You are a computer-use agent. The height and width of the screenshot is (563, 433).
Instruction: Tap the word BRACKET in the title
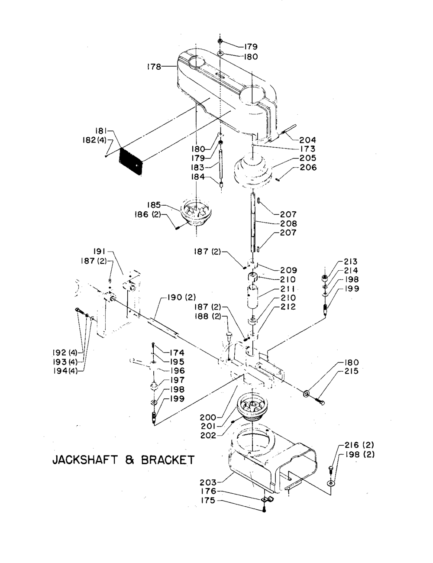168,460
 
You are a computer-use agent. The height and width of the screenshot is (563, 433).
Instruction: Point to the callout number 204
308,140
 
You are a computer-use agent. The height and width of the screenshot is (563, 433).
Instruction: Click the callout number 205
308,158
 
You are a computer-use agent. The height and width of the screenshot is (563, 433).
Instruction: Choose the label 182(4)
94,140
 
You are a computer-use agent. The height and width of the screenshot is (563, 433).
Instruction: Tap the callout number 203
207,482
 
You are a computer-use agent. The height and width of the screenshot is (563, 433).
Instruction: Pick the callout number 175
208,501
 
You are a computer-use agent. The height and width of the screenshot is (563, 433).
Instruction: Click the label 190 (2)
181,297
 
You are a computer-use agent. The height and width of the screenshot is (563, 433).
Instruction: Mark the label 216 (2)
359,445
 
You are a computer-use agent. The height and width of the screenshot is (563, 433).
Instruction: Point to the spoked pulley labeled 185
196,213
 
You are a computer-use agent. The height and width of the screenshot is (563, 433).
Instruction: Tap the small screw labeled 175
264,509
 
